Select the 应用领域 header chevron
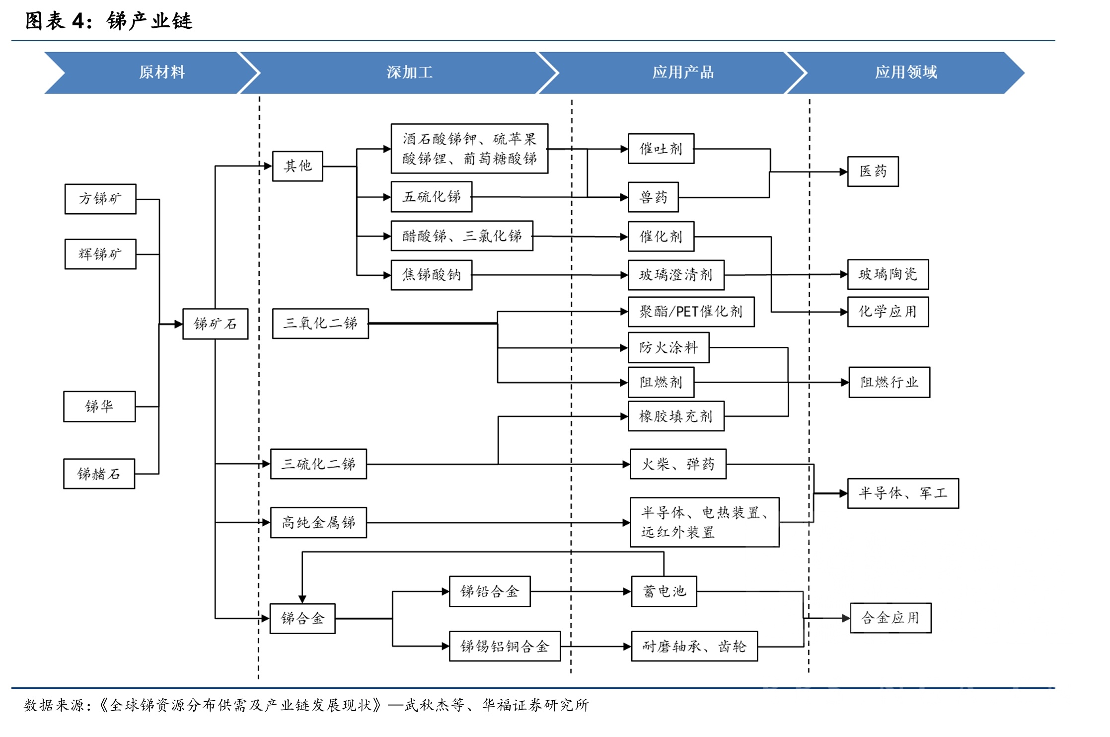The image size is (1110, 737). tap(906, 73)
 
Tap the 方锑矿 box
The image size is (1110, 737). tap(100, 199)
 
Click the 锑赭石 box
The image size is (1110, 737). tap(99, 474)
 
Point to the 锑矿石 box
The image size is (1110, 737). tap(215, 324)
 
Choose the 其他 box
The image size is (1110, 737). tap(297, 166)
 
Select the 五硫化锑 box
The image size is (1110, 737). tap(431, 197)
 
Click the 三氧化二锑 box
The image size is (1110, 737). tap(320, 324)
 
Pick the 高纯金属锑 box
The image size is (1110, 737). tap(318, 522)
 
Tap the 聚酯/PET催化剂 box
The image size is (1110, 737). tap(691, 312)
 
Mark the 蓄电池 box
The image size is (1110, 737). tap(664, 591)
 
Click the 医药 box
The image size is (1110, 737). tap(873, 171)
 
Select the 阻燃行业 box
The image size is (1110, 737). tap(889, 382)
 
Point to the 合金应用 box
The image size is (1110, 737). tap(890, 618)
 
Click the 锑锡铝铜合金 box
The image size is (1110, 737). tap(505, 646)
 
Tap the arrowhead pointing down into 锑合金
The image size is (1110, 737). tap(302, 599)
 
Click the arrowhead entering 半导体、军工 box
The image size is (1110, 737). tap(843, 493)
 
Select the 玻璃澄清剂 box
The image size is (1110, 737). tap(676, 275)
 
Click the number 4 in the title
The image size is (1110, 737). tap(78, 21)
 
